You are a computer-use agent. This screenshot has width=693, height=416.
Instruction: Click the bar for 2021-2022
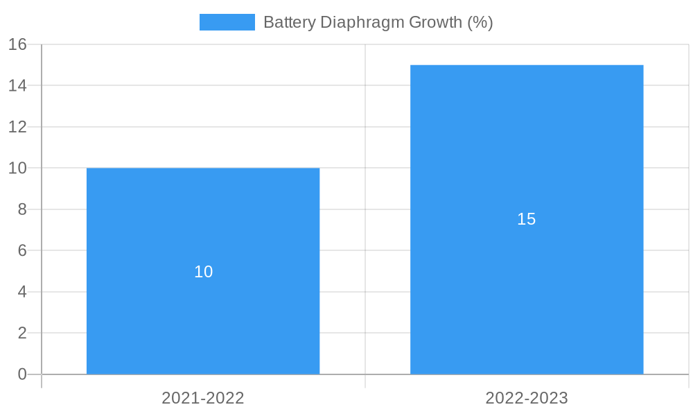coord(203,312)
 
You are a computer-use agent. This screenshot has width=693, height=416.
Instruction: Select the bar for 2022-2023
coord(527,277)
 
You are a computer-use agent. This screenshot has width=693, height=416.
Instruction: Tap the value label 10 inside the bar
coord(203,272)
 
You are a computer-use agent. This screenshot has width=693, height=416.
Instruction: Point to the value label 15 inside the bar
coord(527,219)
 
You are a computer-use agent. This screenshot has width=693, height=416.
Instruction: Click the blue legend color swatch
coord(227,22)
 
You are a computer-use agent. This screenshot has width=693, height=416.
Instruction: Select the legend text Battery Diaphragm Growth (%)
coord(378,22)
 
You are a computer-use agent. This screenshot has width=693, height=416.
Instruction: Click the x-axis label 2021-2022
coord(203,398)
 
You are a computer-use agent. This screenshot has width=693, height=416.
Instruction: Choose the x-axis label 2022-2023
coord(527,398)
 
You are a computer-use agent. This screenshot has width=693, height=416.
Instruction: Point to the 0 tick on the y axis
coord(22,374)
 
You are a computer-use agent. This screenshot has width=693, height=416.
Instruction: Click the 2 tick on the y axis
coord(22,333)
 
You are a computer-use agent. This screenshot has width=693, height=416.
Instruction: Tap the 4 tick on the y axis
coord(22,292)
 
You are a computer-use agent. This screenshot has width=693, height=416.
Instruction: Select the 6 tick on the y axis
coord(22,250)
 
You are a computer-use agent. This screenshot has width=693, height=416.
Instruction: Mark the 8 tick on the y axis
coord(22,209)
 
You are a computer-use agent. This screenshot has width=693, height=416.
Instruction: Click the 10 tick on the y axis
coord(18,168)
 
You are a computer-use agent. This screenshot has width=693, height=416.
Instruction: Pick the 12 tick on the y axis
coord(18,127)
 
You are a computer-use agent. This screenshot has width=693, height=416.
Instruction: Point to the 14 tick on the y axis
coord(18,85)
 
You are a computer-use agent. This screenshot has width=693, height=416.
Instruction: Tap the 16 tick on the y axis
coord(18,44)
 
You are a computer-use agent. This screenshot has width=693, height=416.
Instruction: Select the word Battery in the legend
coord(289,22)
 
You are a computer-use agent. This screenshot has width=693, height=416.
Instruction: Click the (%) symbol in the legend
coord(480,22)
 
